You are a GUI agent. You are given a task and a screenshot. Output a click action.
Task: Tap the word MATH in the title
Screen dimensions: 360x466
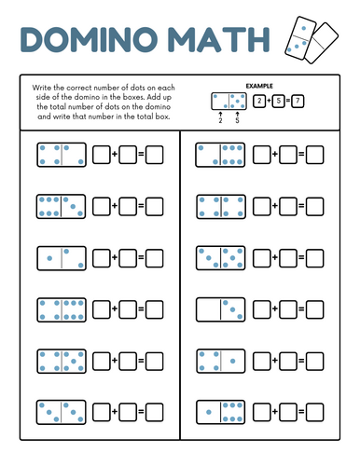(218, 39)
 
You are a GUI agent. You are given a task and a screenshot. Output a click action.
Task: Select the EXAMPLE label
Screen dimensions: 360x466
(259, 86)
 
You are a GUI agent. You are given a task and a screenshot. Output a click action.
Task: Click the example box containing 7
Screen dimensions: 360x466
(298, 101)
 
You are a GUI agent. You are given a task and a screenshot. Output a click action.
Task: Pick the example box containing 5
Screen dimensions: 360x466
(279, 101)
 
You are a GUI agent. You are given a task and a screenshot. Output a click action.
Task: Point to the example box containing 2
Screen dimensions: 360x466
(259, 101)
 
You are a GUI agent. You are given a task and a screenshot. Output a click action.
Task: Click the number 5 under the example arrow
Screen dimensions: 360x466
(237, 120)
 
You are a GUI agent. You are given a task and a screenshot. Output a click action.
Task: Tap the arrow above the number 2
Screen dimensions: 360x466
(220, 115)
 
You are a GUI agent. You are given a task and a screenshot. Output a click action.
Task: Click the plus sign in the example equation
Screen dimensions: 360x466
(269, 101)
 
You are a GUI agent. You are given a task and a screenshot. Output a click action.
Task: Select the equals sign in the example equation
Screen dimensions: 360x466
(288, 101)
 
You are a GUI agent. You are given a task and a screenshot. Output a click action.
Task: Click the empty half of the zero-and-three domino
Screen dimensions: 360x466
(209, 309)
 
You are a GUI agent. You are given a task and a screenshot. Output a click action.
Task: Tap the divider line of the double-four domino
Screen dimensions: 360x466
(221, 207)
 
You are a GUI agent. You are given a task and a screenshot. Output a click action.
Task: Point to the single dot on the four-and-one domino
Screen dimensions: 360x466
(232, 361)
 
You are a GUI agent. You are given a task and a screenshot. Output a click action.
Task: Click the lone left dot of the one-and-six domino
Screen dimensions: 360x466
(209, 412)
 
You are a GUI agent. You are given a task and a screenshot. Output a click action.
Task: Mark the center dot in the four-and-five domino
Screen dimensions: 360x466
(74, 362)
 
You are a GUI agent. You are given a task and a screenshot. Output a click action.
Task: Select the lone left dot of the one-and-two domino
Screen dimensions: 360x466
(49, 258)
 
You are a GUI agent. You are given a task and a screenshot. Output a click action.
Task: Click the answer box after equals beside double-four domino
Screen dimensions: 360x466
(314, 207)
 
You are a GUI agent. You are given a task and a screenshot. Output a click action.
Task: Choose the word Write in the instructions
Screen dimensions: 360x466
(42, 88)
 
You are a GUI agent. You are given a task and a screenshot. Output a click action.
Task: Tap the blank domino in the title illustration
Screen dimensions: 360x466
(322, 43)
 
